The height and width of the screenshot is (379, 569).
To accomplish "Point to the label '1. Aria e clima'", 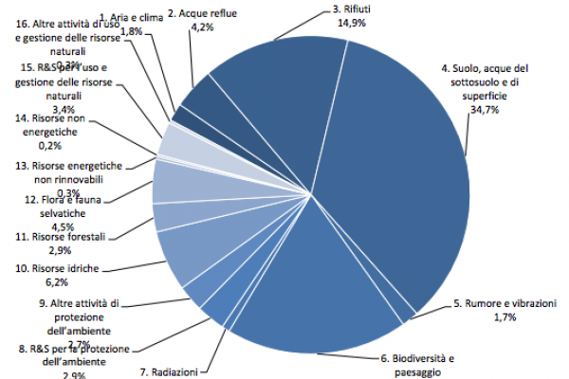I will coord(131,17).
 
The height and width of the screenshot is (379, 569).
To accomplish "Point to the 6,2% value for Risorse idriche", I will coord(56,282).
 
